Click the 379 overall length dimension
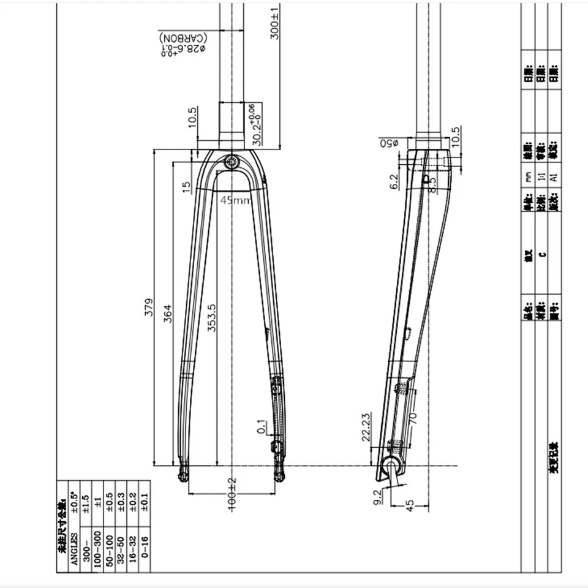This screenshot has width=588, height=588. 148,311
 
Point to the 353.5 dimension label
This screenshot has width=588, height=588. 211,317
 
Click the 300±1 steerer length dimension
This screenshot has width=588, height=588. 275,23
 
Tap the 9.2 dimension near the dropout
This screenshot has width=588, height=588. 378,496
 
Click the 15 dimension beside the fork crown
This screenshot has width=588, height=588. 187,186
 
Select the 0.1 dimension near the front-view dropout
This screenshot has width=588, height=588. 262,426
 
